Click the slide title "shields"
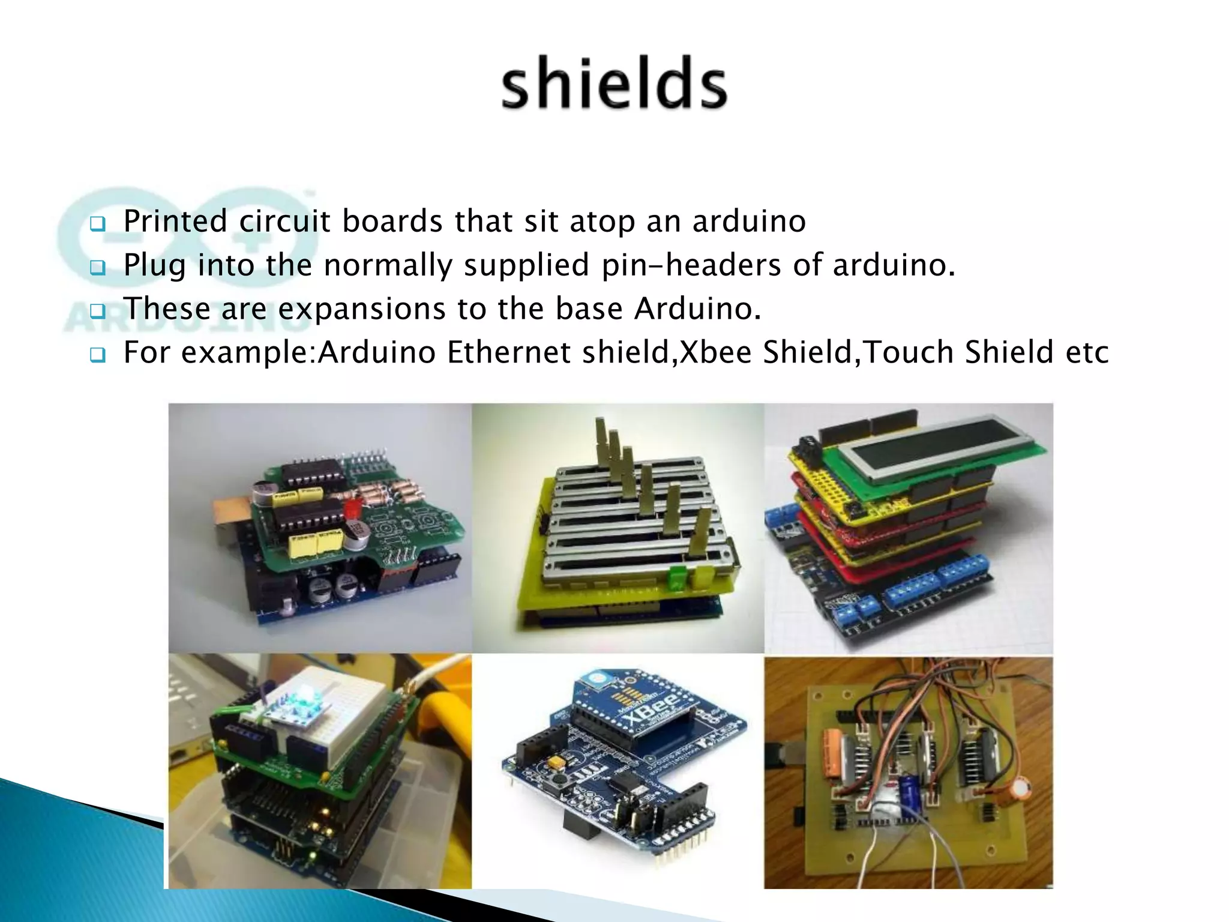point(614,83)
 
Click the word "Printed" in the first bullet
point(175,221)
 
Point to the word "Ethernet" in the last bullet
point(508,352)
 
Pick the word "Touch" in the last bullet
point(907,352)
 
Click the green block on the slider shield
point(676,574)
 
